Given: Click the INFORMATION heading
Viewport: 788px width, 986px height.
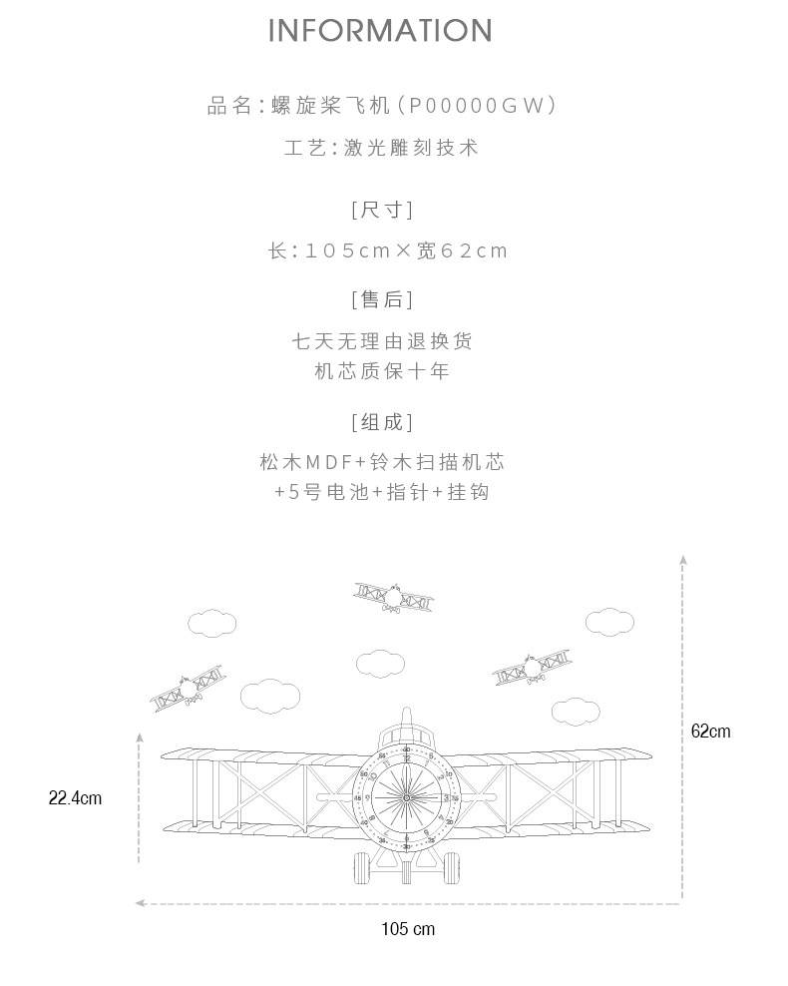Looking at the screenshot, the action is click(x=381, y=31).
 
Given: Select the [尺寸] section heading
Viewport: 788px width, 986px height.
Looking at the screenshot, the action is click(x=381, y=210).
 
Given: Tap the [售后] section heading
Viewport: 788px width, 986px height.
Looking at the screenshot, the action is click(x=381, y=298).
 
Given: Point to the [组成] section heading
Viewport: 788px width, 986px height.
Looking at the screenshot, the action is click(x=381, y=422).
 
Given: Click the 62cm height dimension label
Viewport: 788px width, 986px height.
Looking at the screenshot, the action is click(x=710, y=732).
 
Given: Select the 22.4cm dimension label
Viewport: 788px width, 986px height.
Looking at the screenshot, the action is click(x=75, y=797).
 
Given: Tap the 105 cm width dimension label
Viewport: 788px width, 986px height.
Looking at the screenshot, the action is click(x=408, y=929).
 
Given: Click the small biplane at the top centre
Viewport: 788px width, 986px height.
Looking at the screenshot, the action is click(x=393, y=597).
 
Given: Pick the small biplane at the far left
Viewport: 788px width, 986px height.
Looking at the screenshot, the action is click(x=187, y=688).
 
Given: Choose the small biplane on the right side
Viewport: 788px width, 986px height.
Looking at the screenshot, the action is click(x=533, y=668).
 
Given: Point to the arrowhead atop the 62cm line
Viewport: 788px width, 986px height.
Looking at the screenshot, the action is click(x=683, y=560).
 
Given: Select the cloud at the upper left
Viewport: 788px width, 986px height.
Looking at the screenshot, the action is click(x=212, y=623).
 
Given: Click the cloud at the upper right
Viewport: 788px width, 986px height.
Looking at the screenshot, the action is click(x=609, y=622).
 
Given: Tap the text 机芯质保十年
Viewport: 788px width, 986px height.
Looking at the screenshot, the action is click(x=381, y=371).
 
